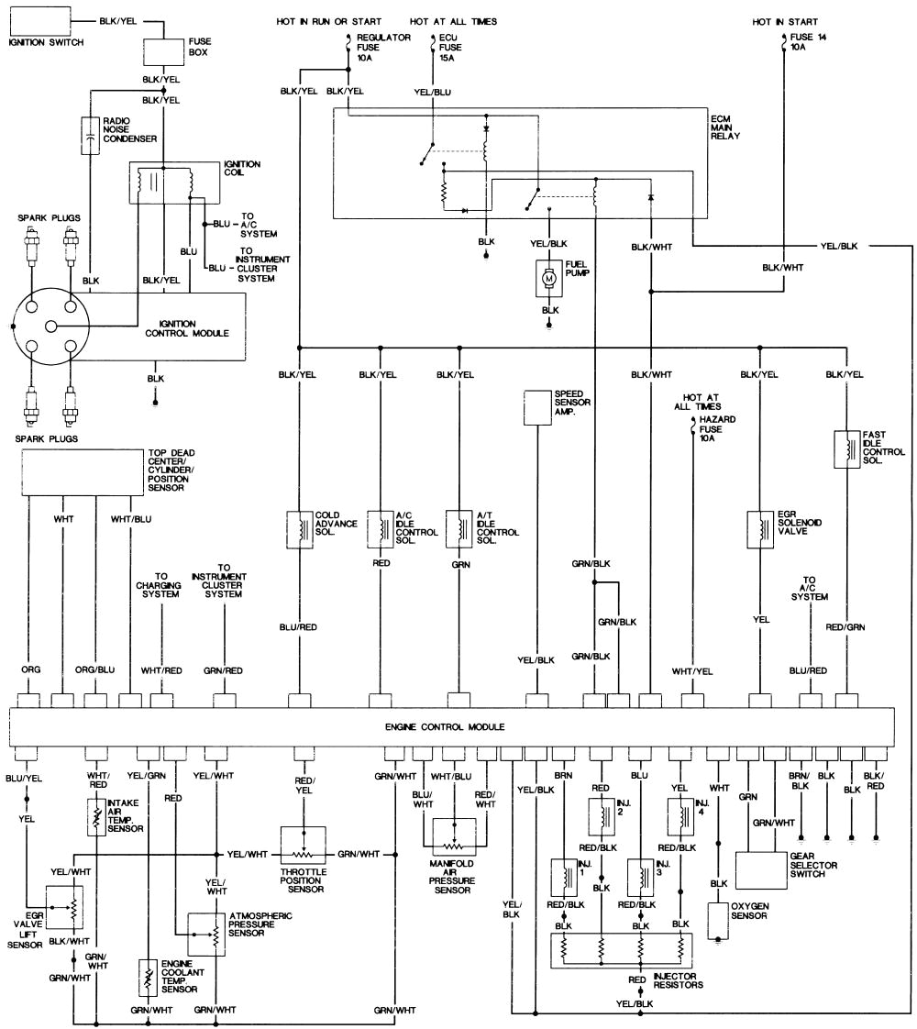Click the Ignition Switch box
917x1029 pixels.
[x=38, y=20]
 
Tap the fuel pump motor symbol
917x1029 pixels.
[x=550, y=277]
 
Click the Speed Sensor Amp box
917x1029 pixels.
[x=536, y=407]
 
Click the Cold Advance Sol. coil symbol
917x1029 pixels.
[x=300, y=528]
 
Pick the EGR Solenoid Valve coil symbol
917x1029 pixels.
[x=759, y=528]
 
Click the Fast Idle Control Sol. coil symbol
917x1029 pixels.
[x=845, y=449]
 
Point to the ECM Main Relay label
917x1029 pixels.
[x=725, y=127]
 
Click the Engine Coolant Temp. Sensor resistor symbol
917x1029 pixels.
[x=147, y=979]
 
